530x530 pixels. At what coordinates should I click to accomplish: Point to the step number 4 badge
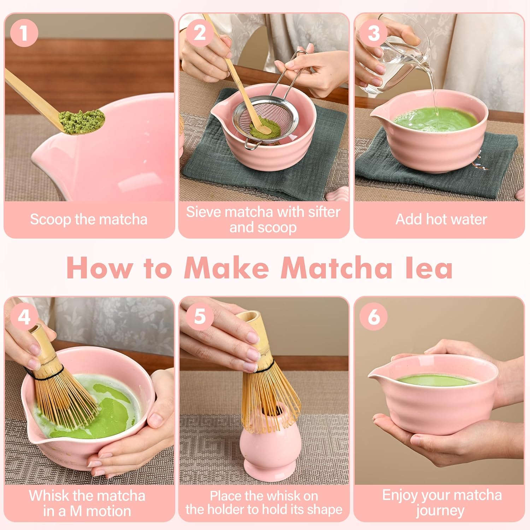(24, 317)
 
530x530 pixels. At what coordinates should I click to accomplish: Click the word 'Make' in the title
(226, 268)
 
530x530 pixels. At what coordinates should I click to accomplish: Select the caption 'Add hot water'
(441, 219)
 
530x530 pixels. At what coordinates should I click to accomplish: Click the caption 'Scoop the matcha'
(88, 219)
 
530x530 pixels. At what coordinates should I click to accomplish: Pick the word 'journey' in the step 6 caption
(440, 511)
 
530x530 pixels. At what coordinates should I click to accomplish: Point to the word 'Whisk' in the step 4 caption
(49, 495)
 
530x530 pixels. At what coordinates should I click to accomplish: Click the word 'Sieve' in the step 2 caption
(204, 212)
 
